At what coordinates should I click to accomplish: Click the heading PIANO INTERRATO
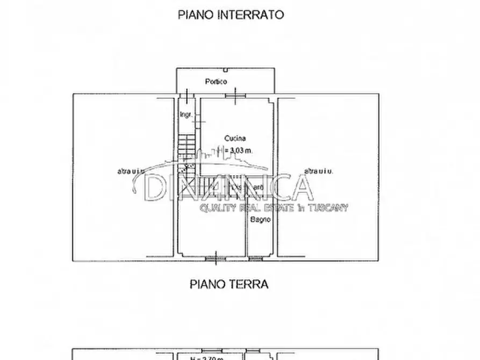click(x=231, y=15)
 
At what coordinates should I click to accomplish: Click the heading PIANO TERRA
click(x=228, y=284)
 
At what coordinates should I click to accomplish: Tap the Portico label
click(x=216, y=82)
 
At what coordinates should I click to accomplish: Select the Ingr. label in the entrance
click(x=185, y=114)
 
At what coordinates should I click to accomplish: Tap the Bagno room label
click(x=260, y=219)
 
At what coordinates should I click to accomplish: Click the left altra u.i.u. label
click(x=131, y=171)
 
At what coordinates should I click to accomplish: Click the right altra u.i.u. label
click(x=319, y=171)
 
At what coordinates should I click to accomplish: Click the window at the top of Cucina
click(x=234, y=96)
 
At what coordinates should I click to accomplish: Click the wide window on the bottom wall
click(x=216, y=259)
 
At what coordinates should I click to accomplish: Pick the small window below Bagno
click(x=255, y=259)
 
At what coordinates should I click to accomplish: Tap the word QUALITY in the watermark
click(x=218, y=208)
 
